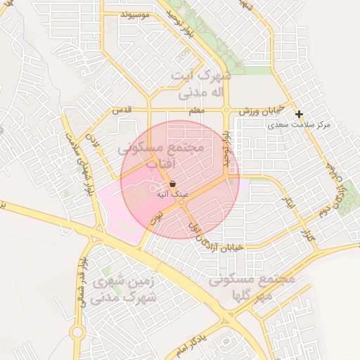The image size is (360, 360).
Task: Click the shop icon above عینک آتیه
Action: pos(173,184)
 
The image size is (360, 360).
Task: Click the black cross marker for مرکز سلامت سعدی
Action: pos(299,114)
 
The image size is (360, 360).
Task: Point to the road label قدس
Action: pos(122,111)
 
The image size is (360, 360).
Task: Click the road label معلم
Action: pos(198,111)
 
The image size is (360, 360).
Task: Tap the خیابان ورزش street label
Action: pos(260,111)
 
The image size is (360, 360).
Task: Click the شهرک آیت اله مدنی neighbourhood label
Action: pos(201,83)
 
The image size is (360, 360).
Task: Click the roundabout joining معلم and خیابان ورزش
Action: pos(226,110)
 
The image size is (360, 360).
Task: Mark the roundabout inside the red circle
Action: pos(181,202)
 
